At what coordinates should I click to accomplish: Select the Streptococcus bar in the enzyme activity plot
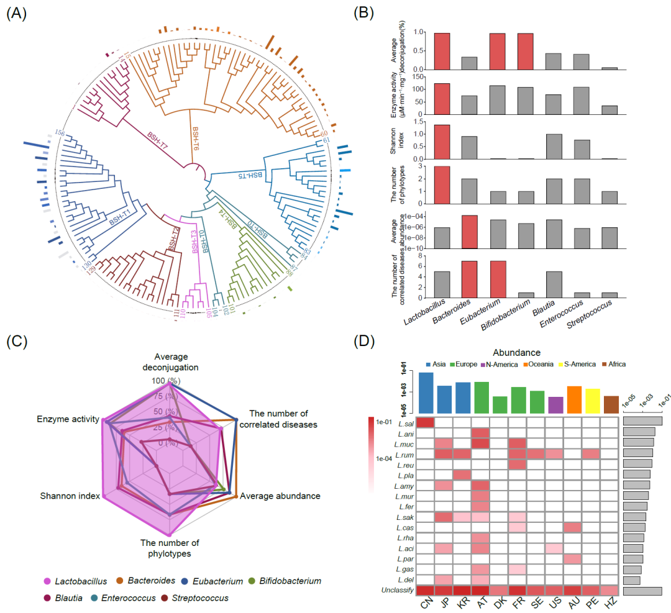(x=609, y=110)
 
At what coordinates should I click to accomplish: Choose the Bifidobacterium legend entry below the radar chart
(x=287, y=581)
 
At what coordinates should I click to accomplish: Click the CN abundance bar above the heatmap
(x=426, y=393)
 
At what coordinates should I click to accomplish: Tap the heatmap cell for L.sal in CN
(x=426, y=422)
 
